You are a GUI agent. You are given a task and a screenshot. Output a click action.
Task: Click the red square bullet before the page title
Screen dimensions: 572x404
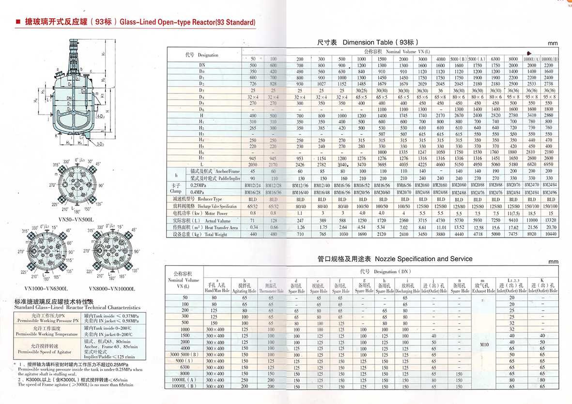pyautogui.click(x=18, y=22)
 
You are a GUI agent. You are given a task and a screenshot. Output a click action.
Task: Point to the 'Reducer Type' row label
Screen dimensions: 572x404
pyautogui.click(x=203, y=199)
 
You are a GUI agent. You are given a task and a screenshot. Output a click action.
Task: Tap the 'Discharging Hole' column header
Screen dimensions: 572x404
pyautogui.click(x=407, y=289)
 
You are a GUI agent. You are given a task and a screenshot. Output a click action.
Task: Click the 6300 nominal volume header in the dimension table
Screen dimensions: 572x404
pyautogui.click(x=495, y=59)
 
